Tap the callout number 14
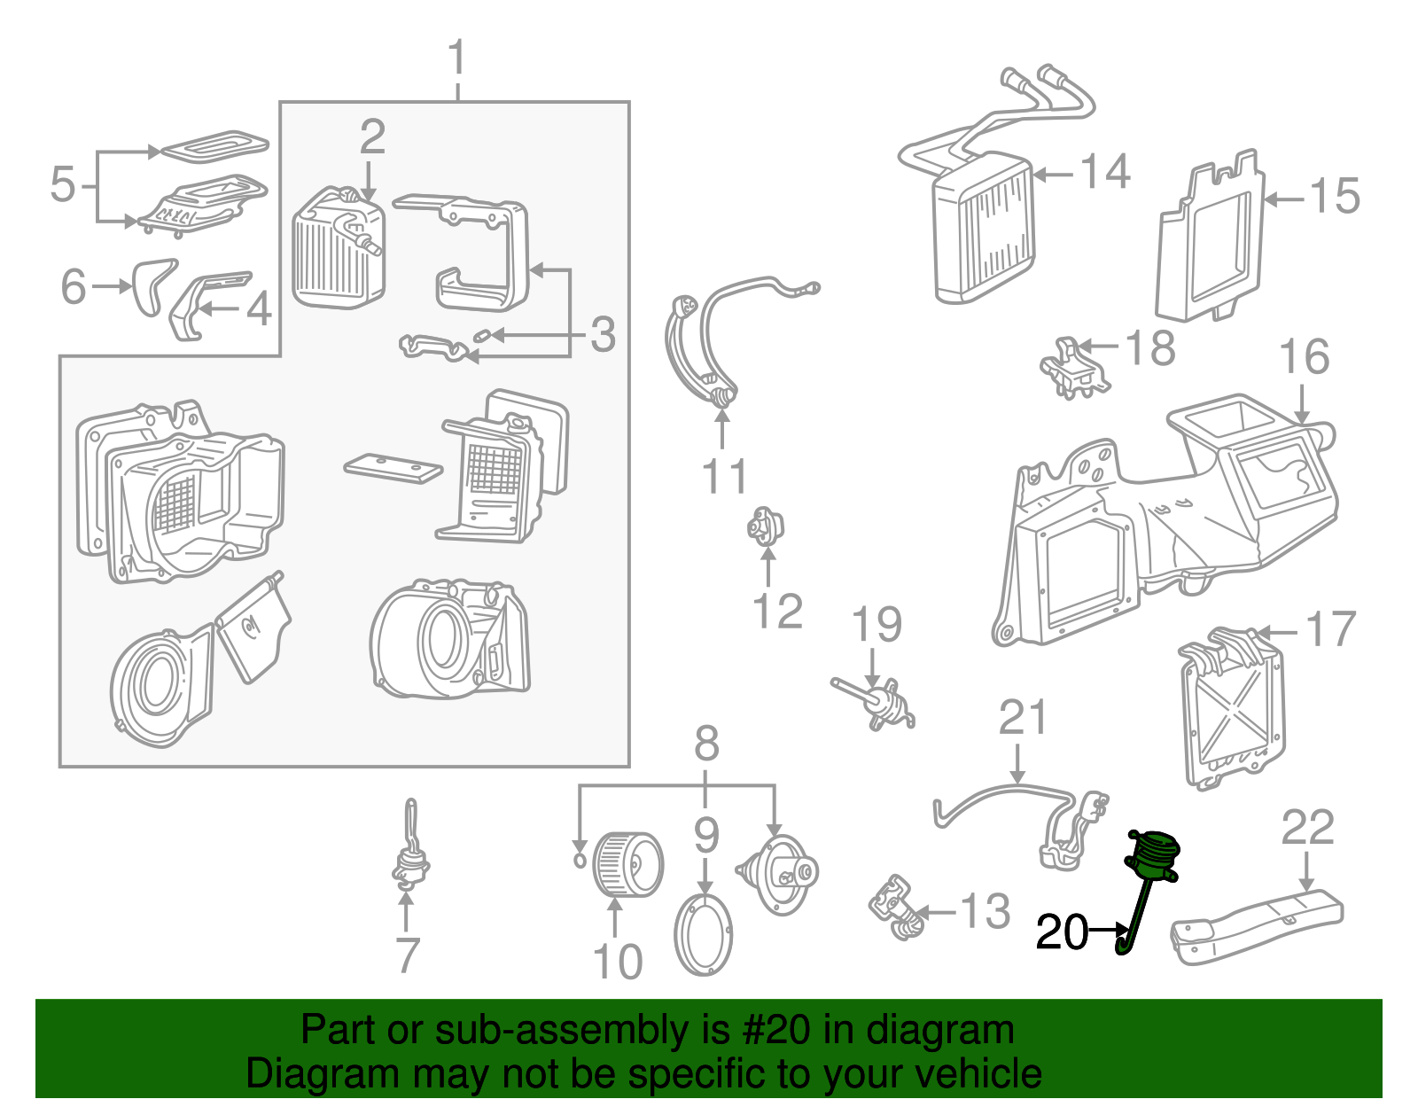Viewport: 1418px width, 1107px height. [1105, 172]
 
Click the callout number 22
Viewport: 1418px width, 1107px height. [1307, 829]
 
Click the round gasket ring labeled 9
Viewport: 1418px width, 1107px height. [704, 936]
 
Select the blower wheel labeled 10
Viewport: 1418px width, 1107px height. [627, 864]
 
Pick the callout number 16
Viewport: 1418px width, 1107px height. [1304, 357]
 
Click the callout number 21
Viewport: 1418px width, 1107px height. [1023, 718]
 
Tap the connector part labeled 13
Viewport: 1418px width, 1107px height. [896, 909]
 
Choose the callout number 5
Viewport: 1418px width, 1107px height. [63, 184]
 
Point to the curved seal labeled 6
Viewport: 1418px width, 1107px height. [152, 285]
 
